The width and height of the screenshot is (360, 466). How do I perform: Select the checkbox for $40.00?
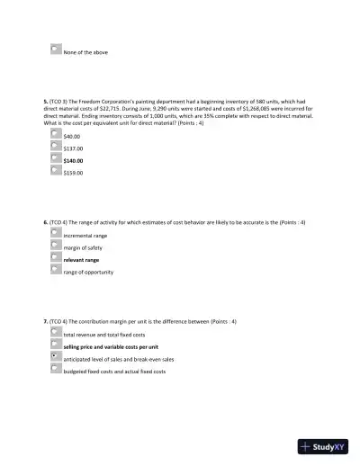57,133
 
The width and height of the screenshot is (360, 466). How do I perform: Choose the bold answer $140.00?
73,160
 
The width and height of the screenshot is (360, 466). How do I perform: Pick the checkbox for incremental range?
57,232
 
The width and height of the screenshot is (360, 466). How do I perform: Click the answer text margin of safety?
82,247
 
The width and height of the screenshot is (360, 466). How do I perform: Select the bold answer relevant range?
81,259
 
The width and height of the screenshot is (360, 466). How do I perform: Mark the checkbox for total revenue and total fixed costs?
57,331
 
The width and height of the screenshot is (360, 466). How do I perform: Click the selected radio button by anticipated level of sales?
57,355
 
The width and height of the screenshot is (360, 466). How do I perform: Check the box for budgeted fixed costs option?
57,368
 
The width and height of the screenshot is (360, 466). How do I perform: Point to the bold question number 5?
45,103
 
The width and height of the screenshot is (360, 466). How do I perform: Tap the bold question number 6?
45,221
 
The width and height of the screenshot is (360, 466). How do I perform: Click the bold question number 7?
45,320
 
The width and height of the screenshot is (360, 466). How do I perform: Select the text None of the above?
85,53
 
